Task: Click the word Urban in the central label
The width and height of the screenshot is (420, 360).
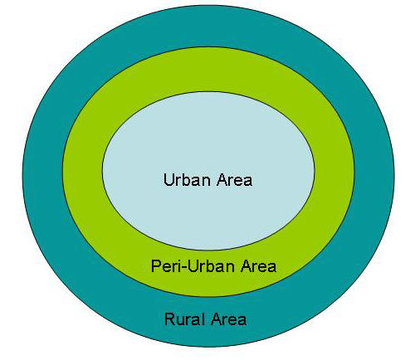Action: coord(187,180)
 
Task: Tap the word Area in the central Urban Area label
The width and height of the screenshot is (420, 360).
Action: coord(234,180)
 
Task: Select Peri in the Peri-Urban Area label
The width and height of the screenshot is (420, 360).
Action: coord(165,266)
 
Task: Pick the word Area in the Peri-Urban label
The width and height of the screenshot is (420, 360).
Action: coord(258,266)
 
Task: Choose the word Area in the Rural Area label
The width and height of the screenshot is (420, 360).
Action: coord(228,319)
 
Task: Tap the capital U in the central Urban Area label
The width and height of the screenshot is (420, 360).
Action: coord(168,180)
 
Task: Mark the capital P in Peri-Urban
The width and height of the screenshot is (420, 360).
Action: coord(155,266)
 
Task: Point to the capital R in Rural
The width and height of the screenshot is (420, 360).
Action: coord(170,319)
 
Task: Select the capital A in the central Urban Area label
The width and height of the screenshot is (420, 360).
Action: coord(222,180)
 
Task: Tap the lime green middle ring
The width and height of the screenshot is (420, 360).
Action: coord(83,172)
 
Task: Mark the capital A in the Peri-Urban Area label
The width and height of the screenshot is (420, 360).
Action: coord(246,266)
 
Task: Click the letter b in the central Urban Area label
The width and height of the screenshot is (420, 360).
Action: coord(187,180)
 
